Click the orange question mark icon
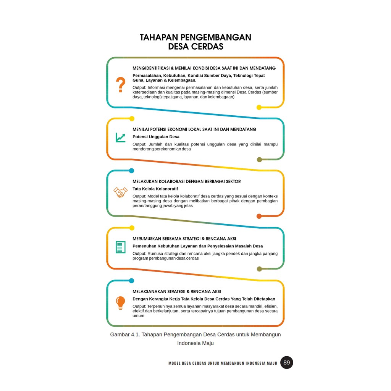tap(121, 85)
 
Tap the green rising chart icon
tap(121, 137)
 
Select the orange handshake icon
tap(121, 192)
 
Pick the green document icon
tap(121, 247)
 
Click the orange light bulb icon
tap(121, 303)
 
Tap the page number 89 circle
tap(286, 362)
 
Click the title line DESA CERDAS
tap(195, 47)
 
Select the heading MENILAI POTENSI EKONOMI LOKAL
tap(194, 129)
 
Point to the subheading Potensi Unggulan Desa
tap(156, 137)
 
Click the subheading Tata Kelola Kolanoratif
tap(155, 189)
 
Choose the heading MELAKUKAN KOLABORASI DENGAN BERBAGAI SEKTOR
tap(187, 181)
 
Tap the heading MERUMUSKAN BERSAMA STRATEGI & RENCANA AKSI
tap(184, 239)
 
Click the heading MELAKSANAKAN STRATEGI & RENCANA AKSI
tap(177, 291)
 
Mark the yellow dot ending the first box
tap(259, 107)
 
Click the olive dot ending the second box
tap(259, 160)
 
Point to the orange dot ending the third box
tap(259, 216)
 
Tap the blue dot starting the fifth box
tap(132, 281)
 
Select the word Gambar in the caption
tap(120, 334)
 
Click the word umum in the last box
tap(138, 316)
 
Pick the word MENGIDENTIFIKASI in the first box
tap(150, 68)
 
